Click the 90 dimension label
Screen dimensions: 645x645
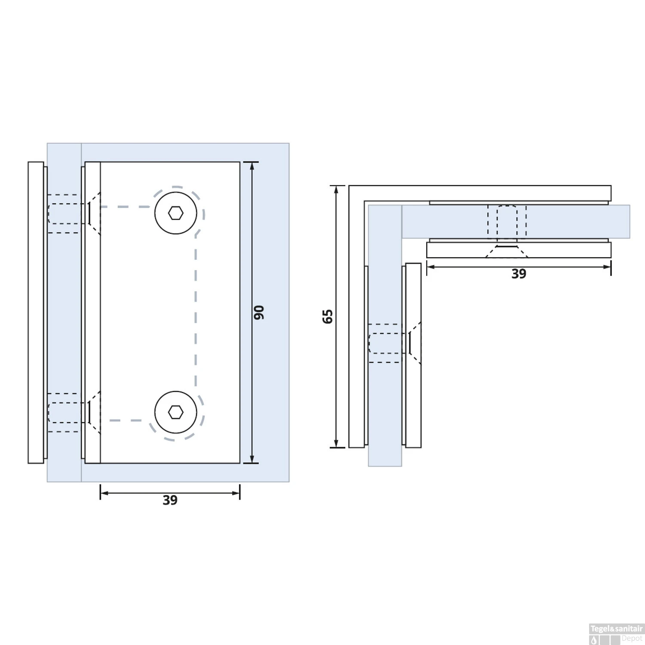(258, 313)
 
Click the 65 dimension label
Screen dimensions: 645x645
(327, 316)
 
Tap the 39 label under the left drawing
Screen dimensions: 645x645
(170, 500)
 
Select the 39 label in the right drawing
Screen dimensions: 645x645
(519, 274)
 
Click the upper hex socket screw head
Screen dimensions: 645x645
(175, 213)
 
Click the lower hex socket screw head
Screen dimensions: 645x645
(175, 412)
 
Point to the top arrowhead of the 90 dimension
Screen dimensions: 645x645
(252, 166)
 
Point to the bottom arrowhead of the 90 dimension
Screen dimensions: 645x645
(252, 459)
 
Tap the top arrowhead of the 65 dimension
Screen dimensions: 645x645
(337, 190)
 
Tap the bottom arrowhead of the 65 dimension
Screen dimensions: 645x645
(337, 443)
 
